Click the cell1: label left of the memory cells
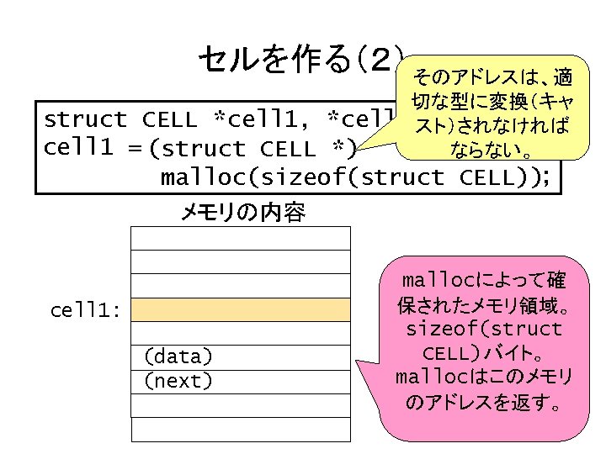pos(86,310)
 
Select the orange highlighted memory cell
pos(241,310)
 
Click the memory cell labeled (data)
pos(241,357)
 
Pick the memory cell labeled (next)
pos(241,381)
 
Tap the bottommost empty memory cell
pos(241,430)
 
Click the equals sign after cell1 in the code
pos(134,149)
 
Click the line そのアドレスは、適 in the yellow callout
pos(492,79)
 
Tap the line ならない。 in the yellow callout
pos(491,152)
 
